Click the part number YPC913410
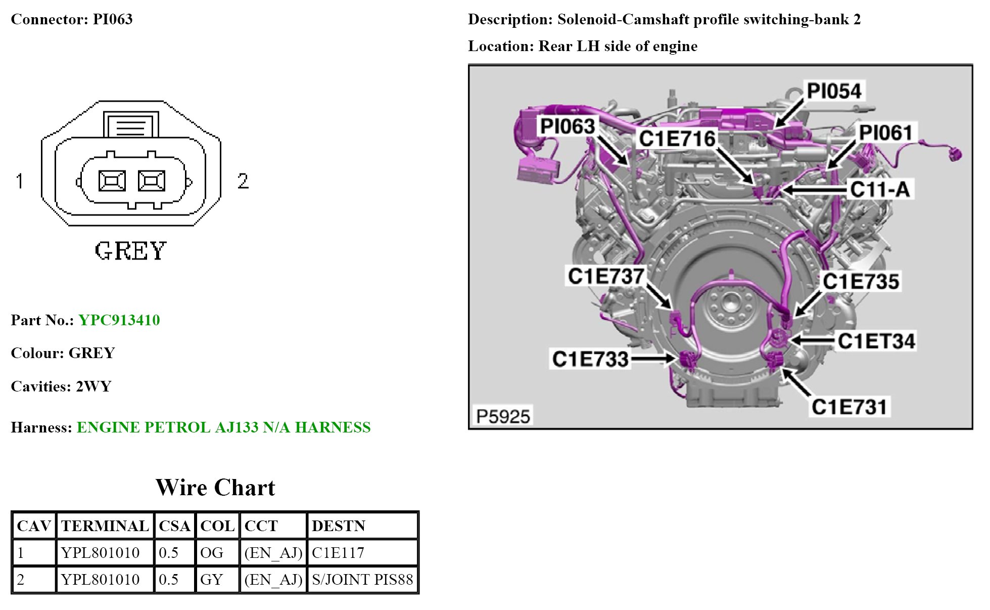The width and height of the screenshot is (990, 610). pos(119,320)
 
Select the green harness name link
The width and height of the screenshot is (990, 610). pos(223,427)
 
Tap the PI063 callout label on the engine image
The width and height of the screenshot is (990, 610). pos(568,126)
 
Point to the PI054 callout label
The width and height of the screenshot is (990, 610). pos(834,91)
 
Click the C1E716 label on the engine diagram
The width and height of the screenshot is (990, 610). pos(677,139)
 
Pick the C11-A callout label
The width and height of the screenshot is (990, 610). pos(880,190)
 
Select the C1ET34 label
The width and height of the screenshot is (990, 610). pos(876,341)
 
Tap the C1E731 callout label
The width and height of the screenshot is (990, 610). pos(850,407)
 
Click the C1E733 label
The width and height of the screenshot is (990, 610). pos(590,359)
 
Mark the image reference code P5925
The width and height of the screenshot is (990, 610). pos(503,417)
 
